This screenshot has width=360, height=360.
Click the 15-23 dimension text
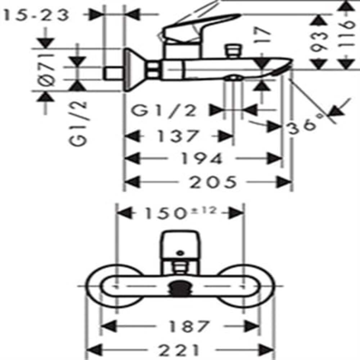(x=36, y=15)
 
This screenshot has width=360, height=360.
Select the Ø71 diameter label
(x=46, y=70)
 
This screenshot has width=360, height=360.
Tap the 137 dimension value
(x=177, y=136)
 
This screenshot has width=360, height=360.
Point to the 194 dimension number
(x=202, y=158)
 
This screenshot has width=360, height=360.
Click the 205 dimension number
(x=213, y=182)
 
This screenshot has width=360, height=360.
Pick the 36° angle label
(x=306, y=126)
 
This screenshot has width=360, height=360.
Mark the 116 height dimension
(x=346, y=33)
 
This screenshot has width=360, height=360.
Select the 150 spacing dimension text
(x=165, y=213)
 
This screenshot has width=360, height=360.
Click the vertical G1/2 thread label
(x=78, y=123)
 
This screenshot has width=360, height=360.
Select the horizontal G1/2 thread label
(x=164, y=111)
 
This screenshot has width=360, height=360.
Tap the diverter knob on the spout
(x=233, y=51)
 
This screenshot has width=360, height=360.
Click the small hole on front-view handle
(x=180, y=253)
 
